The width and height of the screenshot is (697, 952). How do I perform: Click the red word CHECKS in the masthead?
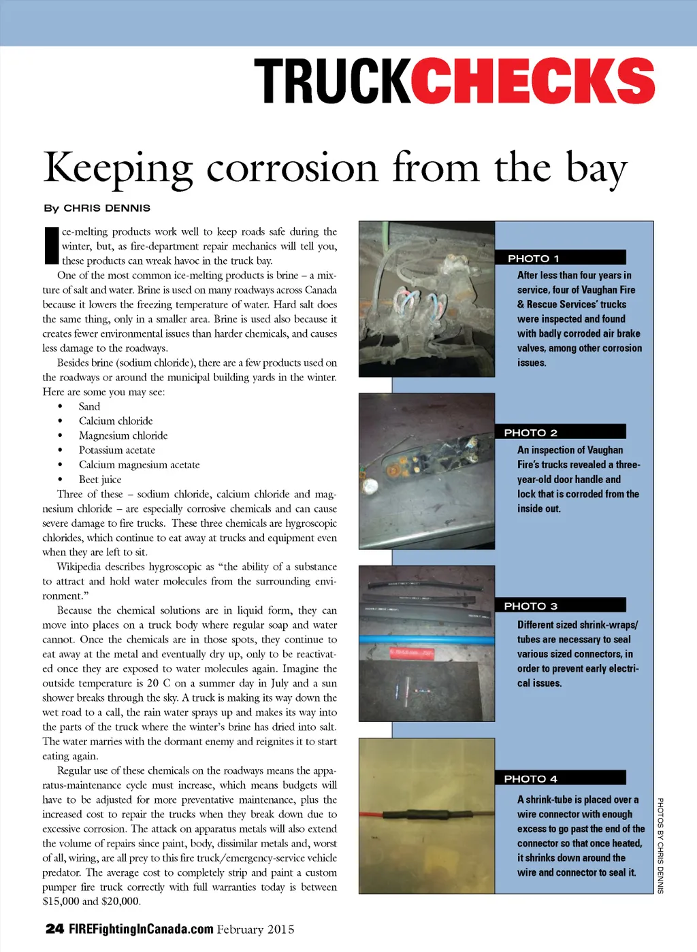532,81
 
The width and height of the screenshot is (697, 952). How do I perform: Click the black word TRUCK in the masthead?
332,81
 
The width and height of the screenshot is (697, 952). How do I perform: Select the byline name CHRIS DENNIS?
107,208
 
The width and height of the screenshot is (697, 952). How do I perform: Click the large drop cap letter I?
51,245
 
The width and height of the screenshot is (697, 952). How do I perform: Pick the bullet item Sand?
89,406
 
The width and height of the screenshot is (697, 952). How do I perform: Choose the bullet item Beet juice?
100,480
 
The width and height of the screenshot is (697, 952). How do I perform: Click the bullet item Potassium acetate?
117,450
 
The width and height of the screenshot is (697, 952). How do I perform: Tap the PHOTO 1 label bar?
560,258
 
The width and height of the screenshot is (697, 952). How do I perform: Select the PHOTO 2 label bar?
560,432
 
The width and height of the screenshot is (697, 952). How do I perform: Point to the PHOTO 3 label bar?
560,606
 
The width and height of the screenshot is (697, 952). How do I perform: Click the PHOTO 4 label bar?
560,778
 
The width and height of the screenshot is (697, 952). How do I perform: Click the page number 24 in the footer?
54,929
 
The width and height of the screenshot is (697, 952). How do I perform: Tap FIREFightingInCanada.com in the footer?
141,930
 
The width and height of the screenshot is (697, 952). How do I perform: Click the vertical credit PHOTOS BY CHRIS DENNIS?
660,845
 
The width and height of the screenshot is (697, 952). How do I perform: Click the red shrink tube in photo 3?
412,653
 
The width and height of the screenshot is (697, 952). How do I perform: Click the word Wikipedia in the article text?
86,567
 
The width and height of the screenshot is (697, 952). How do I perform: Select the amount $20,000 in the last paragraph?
121,902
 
